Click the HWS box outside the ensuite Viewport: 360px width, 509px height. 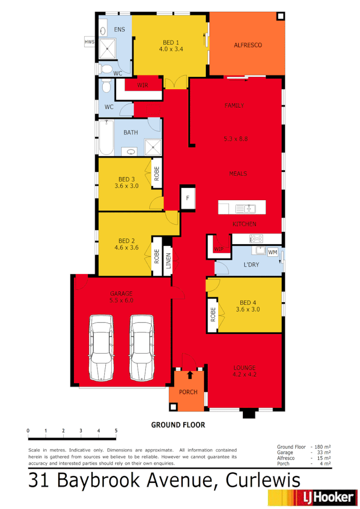89,42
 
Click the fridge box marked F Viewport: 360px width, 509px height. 187,198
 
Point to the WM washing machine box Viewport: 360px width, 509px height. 273,252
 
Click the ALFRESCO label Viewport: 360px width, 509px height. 248,45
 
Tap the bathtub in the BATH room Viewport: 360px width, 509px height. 106,137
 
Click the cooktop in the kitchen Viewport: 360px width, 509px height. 256,239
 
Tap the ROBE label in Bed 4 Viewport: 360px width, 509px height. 213,315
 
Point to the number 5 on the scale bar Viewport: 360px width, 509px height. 116,430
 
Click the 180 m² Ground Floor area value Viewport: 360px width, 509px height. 323,447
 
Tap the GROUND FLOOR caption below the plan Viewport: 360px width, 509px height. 178,425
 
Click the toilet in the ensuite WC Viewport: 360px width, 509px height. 106,69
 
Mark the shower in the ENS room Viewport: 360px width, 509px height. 108,49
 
